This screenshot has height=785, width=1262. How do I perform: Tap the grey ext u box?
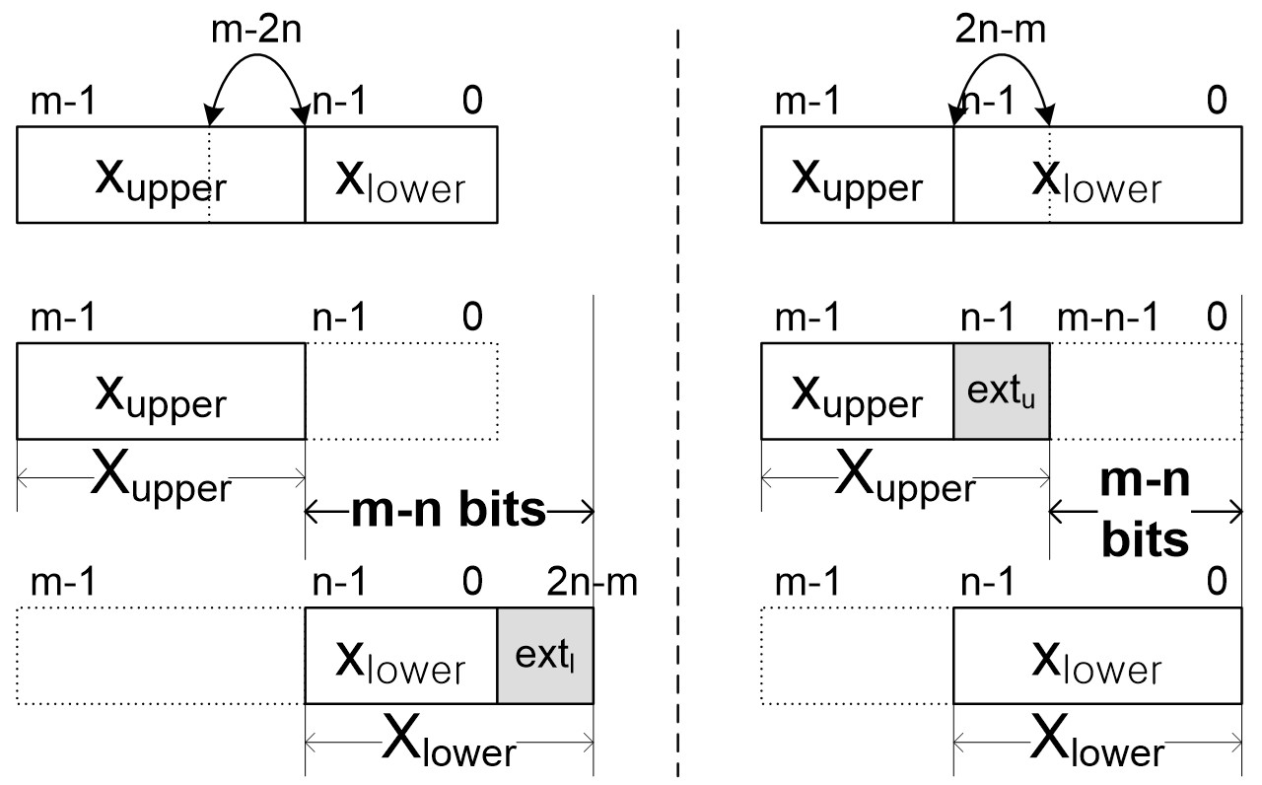1002,392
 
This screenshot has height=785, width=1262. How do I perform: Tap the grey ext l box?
545,656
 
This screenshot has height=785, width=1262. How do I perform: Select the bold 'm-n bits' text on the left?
450,510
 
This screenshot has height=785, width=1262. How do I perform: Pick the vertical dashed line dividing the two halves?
677,394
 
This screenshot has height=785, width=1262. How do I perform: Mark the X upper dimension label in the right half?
905,480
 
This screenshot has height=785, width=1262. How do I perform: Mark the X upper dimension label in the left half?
161,480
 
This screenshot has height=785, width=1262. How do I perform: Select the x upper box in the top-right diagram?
858,175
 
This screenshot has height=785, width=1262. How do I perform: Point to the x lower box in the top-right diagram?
1096,175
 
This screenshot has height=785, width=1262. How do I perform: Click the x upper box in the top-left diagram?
161,175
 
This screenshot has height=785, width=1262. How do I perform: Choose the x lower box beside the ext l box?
400,656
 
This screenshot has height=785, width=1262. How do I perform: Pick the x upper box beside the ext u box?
858,392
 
